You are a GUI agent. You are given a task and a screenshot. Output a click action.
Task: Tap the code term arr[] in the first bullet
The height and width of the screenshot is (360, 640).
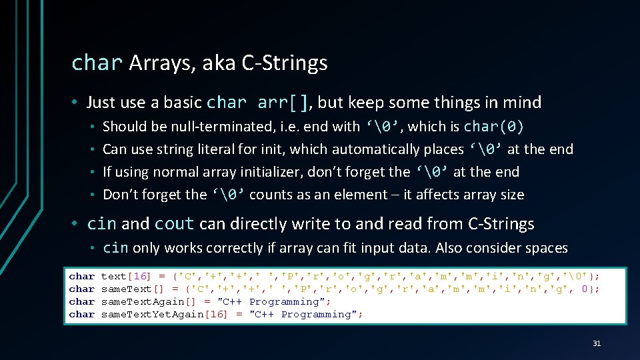(x=283, y=103)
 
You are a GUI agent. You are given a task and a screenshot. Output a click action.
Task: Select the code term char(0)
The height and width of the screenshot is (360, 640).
(x=494, y=127)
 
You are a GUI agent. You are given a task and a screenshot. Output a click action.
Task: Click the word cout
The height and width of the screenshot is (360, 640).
(x=174, y=224)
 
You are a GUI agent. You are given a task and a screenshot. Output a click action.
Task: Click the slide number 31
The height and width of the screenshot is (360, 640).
(x=597, y=343)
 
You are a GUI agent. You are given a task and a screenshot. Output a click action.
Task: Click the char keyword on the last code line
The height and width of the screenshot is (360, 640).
(x=82, y=314)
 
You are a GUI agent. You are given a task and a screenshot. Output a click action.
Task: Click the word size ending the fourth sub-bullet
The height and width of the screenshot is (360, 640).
(x=508, y=195)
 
